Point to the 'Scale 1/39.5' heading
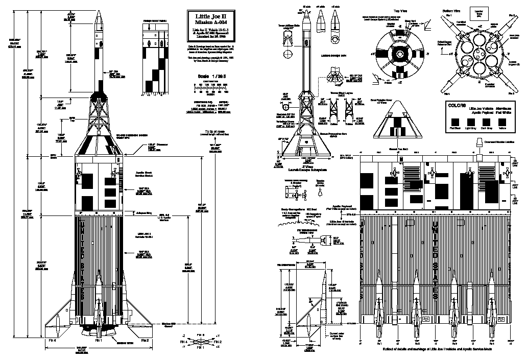tap(210, 77)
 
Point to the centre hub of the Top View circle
tap(399, 53)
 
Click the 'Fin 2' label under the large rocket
tap(145, 340)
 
